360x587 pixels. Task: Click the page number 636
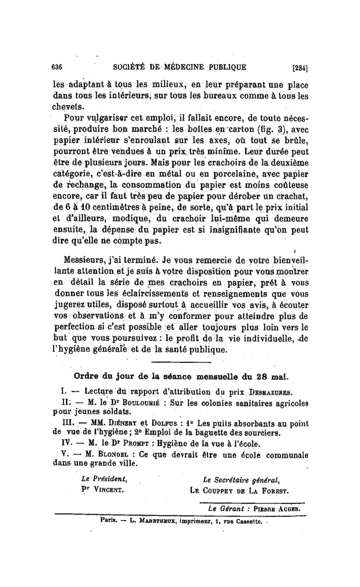(x=56, y=68)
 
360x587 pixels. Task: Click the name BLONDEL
(x=110, y=454)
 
